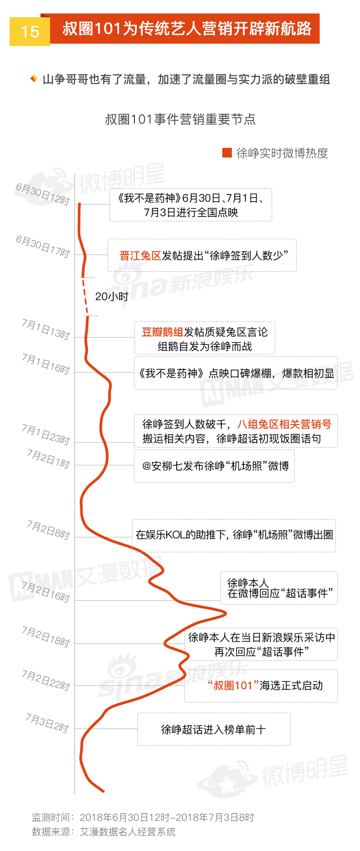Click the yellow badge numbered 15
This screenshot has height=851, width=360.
(30, 32)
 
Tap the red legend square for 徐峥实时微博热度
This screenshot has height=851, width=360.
(227, 153)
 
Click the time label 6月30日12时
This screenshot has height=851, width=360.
(43, 194)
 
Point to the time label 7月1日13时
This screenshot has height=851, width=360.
(46, 329)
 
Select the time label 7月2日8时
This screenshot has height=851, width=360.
(48, 530)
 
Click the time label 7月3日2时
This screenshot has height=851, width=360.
(47, 723)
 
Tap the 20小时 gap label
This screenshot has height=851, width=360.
(112, 297)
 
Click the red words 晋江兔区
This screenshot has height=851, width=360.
(140, 255)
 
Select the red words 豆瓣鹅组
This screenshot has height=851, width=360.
(162, 332)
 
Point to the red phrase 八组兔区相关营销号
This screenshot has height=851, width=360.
(284, 424)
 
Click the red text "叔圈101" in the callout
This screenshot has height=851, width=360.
(233, 685)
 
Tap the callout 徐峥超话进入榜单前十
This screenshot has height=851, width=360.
(214, 729)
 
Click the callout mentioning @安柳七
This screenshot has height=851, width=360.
(214, 466)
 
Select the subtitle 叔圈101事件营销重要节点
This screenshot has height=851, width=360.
(180, 119)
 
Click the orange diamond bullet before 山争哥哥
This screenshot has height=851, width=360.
(34, 78)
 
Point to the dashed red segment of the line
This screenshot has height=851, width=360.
(85, 296)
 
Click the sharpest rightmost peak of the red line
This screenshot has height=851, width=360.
(226, 613)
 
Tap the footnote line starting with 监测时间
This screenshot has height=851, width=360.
(143, 817)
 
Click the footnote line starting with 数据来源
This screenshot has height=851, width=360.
(104, 832)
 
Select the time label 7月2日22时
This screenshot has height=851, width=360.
(46, 680)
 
